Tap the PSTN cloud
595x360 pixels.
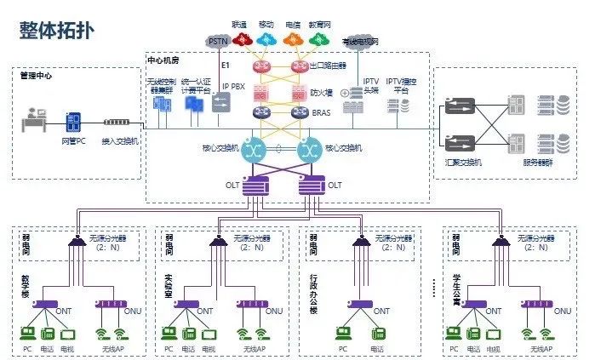pos(219,40)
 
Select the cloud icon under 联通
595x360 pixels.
pos(241,39)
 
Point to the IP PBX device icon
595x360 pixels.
pos(220,103)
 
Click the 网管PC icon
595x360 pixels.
pos(73,122)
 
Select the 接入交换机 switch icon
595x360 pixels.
pos(121,123)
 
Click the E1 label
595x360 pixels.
pos(226,65)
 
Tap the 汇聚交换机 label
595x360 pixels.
pos(461,162)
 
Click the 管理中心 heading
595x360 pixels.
pos(36,76)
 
